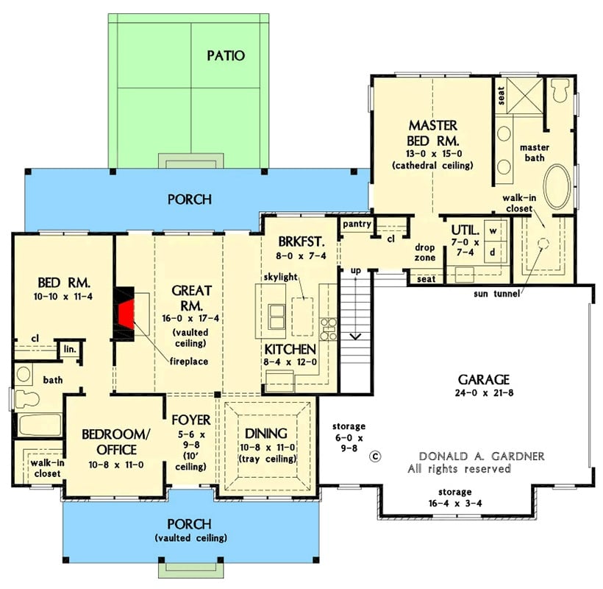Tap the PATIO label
(225, 55)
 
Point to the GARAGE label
(483, 379)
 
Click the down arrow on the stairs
(355, 336)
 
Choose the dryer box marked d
(493, 252)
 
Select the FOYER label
(190, 420)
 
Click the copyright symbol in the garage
(376, 456)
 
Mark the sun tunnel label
(496, 294)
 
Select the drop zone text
(425, 253)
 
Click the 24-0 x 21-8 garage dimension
(483, 394)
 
